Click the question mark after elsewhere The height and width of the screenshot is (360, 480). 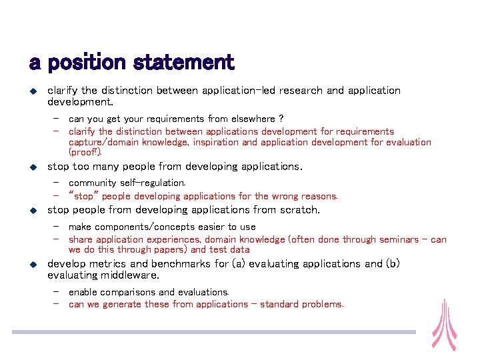(x=281, y=119)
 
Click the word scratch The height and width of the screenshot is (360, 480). (x=297, y=210)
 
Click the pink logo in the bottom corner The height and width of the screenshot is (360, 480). (x=443, y=325)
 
